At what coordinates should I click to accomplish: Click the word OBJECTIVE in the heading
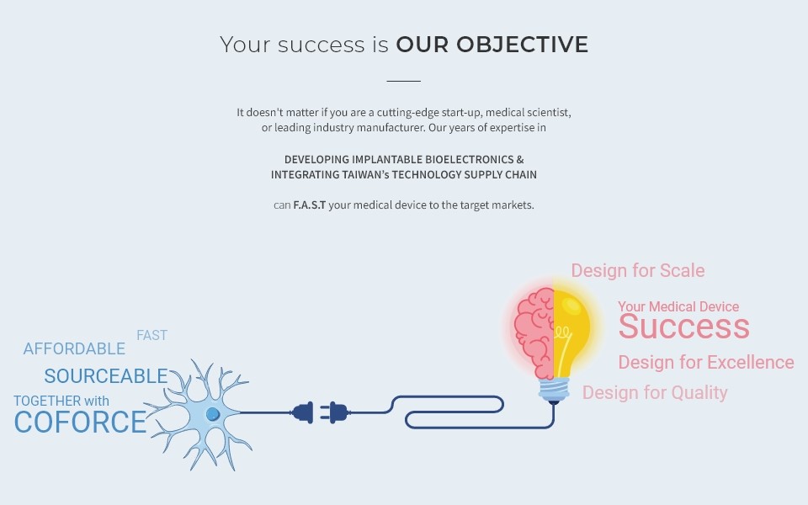tap(522, 45)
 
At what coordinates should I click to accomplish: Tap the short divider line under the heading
tap(403, 81)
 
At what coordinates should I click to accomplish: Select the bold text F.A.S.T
tap(310, 205)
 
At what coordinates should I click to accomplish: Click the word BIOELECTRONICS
tap(470, 159)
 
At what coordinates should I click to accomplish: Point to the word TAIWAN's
tap(365, 175)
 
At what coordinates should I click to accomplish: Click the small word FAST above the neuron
tap(152, 336)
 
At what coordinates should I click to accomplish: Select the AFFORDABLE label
tap(74, 348)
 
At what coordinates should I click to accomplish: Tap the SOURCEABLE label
tap(106, 376)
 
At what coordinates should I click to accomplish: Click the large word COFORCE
tap(81, 423)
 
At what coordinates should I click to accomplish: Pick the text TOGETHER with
tap(61, 401)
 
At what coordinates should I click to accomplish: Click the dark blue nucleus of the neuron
tap(213, 414)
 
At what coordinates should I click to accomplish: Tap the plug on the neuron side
tap(302, 412)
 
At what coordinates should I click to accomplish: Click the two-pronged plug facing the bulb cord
tap(334, 412)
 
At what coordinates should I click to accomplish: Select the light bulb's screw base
tap(554, 390)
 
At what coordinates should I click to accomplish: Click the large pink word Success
tap(683, 327)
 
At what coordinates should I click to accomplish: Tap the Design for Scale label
tap(638, 270)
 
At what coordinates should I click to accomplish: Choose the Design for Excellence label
tap(706, 362)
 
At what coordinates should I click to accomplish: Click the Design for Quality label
tap(655, 393)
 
